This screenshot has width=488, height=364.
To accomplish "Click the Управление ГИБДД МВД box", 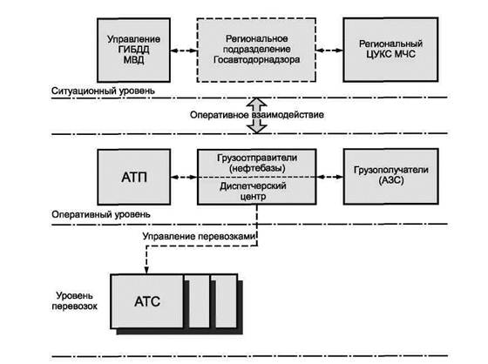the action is [x=133, y=51].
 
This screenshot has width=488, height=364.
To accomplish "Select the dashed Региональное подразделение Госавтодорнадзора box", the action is [x=256, y=50].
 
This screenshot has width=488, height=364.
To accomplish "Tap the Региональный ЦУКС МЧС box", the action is [x=390, y=50].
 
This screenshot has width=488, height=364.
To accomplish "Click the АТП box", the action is [x=134, y=177].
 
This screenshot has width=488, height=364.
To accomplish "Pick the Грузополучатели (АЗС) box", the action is [x=391, y=177].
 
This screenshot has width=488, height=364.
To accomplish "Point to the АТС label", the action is [x=147, y=301].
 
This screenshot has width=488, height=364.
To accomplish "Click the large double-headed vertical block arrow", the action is [x=257, y=116].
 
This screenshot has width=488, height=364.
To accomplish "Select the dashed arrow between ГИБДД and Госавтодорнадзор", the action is [x=184, y=51].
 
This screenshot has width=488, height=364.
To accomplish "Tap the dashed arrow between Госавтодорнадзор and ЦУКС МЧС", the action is [x=329, y=51].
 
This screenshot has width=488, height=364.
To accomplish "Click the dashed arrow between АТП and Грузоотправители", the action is [x=184, y=178].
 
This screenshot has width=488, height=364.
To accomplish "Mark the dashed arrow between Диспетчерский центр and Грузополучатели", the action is [x=330, y=177].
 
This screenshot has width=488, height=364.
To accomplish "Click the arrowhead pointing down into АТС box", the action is [x=146, y=270].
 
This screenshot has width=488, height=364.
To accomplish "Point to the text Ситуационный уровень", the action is [x=103, y=91].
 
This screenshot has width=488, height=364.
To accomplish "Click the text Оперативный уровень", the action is [x=101, y=214].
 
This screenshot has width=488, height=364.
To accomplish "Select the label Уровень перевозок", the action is [x=74, y=300].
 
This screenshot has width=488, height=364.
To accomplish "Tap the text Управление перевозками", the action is [x=199, y=236].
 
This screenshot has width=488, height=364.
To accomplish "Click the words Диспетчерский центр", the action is [x=253, y=191].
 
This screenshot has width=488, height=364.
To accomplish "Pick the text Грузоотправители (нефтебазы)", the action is [x=257, y=163].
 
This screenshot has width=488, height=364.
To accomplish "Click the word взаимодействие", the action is [x=288, y=115].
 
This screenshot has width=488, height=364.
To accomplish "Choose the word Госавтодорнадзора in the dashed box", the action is [x=257, y=59].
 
